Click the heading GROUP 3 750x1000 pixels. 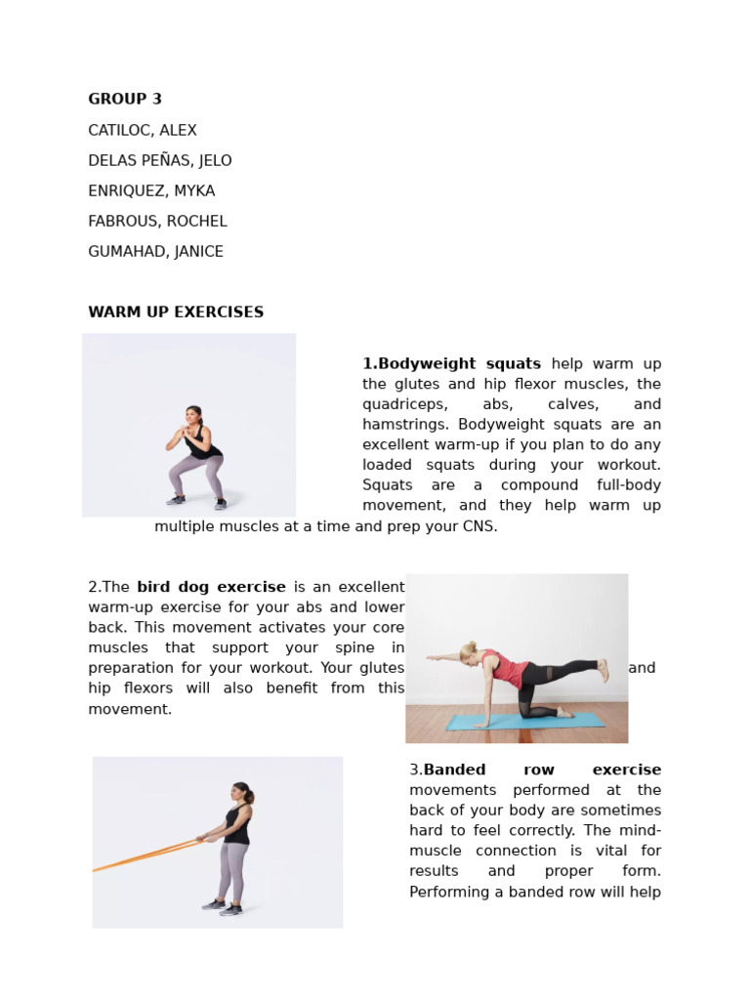point(125,99)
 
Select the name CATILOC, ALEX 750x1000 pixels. point(143,130)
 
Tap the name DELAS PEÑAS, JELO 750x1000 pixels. point(160,160)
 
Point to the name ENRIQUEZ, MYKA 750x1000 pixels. point(151,190)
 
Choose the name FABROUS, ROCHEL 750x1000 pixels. point(157,221)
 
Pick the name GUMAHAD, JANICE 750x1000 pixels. point(155,251)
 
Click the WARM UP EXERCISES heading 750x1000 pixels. point(176,312)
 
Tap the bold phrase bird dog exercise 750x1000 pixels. point(211,587)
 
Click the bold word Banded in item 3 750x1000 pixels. point(454,770)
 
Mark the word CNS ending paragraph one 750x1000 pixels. point(480,526)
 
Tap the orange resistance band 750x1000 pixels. point(146,854)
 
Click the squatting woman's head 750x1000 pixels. point(193,414)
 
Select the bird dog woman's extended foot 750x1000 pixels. point(603,669)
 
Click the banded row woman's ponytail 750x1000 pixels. point(249,796)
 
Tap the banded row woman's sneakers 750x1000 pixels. point(222,907)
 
